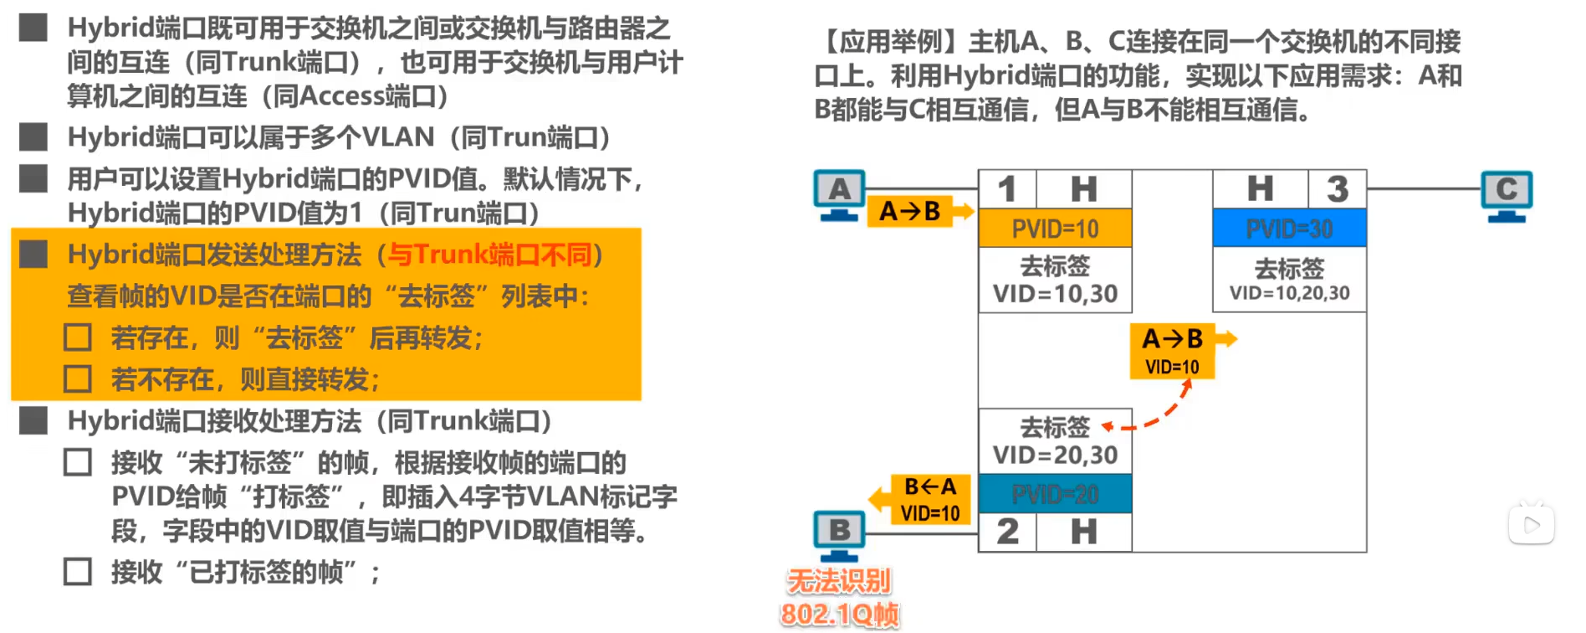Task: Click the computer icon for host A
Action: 839,195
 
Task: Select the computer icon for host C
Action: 1507,195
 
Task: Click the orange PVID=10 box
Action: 1055,229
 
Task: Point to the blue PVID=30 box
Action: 1289,229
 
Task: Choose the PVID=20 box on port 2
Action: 1055,494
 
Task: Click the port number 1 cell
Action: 1007,189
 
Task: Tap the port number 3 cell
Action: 1337,189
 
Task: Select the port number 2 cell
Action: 1007,532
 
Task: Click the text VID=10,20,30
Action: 1289,293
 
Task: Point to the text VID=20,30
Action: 1055,455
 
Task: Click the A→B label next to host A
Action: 910,212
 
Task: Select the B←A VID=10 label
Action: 930,500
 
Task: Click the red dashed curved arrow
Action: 1154,414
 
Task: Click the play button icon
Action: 1531,525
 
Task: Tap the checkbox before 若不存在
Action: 78,379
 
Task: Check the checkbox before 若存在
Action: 78,337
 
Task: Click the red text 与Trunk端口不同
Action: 489,254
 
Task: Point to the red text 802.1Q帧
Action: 840,615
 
